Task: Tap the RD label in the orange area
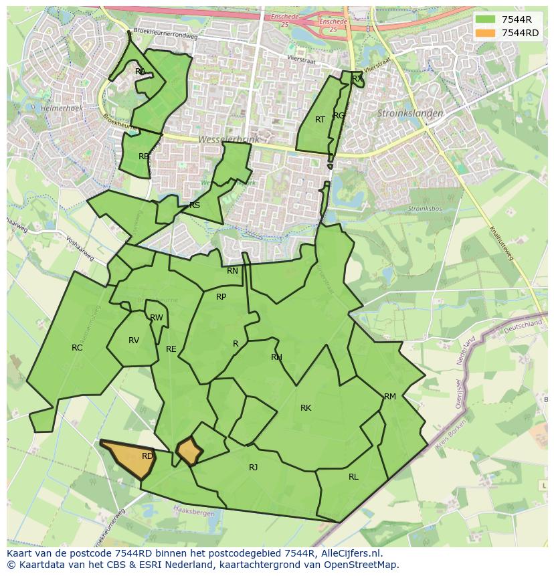(x=148, y=456)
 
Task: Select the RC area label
(x=77, y=348)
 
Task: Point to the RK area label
(x=306, y=408)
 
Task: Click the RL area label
(x=353, y=477)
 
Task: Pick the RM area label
(x=390, y=397)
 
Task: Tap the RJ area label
(x=254, y=468)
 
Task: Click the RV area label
(x=134, y=341)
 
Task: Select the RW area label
(x=157, y=318)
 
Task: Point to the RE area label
(x=171, y=349)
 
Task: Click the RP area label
(x=221, y=297)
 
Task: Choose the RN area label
(x=232, y=271)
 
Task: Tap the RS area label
(x=195, y=205)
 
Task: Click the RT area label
(x=320, y=120)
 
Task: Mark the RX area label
(x=357, y=79)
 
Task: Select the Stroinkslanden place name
(x=410, y=114)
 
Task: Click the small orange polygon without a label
(x=189, y=452)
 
